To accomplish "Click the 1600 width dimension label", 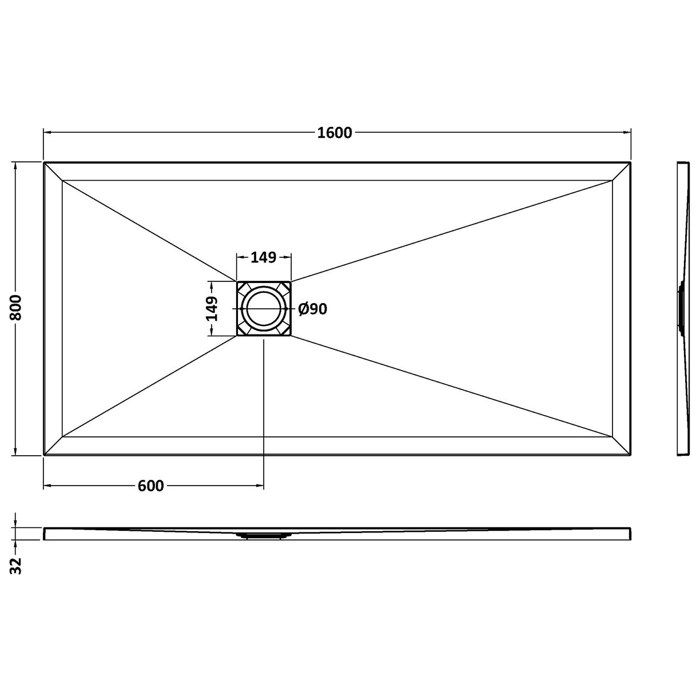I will pos(335,133).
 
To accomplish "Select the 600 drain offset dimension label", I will pos(151,486).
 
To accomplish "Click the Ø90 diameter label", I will pos(313,309).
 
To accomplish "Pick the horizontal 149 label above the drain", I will pos(264,257).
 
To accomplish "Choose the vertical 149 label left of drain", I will pos(212,309).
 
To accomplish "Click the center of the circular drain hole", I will pos(264,309).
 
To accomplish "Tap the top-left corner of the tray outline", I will pos(44,162).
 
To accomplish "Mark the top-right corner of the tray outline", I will pos(630,162).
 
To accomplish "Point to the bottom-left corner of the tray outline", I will pos(44,456).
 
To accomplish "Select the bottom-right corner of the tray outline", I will pos(630,456).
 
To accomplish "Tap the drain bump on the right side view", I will pos(681,309).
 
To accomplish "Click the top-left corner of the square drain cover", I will pos(237,281).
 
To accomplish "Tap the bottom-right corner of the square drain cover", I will pos(291,336).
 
